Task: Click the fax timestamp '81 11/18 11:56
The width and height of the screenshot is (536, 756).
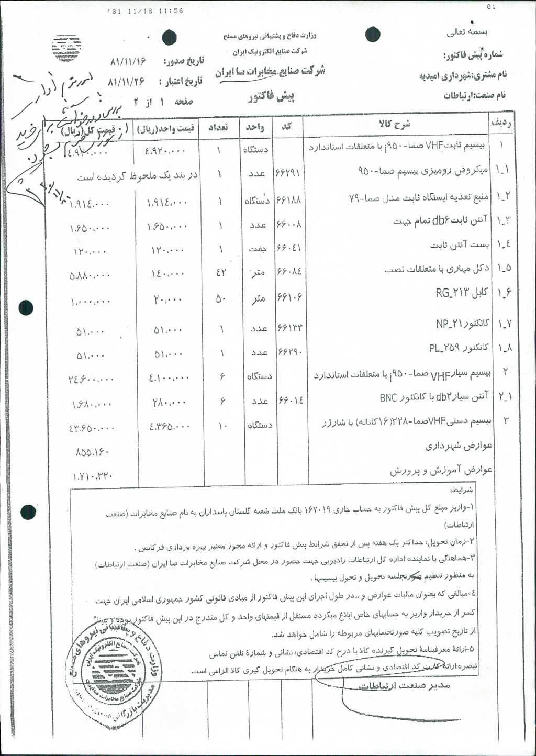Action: [145, 10]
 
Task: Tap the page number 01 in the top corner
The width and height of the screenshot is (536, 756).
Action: [490, 7]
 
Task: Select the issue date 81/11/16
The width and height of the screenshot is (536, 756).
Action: [128, 62]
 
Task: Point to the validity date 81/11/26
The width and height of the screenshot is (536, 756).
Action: [126, 82]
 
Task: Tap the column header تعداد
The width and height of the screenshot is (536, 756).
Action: [218, 127]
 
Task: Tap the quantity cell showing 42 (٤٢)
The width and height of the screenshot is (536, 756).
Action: [220, 272]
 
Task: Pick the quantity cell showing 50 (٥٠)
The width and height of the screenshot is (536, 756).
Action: [220, 299]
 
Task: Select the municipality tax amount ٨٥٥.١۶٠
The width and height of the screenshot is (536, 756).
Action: [92, 451]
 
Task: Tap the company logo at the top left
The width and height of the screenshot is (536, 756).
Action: [66, 49]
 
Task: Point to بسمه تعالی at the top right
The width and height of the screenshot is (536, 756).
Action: [466, 32]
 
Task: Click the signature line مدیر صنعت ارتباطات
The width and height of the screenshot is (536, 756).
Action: [404, 685]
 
